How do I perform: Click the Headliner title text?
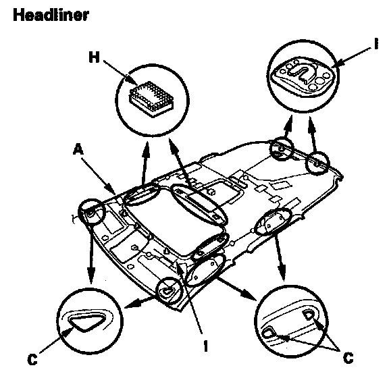[x=51, y=15]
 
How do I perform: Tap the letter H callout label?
[x=95, y=57]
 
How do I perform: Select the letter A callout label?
[x=78, y=150]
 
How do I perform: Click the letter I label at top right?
[x=377, y=44]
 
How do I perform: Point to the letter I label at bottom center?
[x=206, y=346]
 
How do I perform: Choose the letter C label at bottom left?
[x=32, y=359]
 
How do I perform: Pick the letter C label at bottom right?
[x=348, y=358]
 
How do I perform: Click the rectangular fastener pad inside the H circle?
[x=151, y=99]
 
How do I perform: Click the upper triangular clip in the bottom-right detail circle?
[x=309, y=315]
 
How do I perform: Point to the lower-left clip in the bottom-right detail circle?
[x=267, y=333]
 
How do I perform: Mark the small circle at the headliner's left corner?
[x=92, y=213]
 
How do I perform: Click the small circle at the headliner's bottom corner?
[x=170, y=290]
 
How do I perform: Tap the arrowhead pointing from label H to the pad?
[x=132, y=80]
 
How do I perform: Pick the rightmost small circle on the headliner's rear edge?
[x=317, y=163]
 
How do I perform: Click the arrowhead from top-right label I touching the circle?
[x=339, y=63]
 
